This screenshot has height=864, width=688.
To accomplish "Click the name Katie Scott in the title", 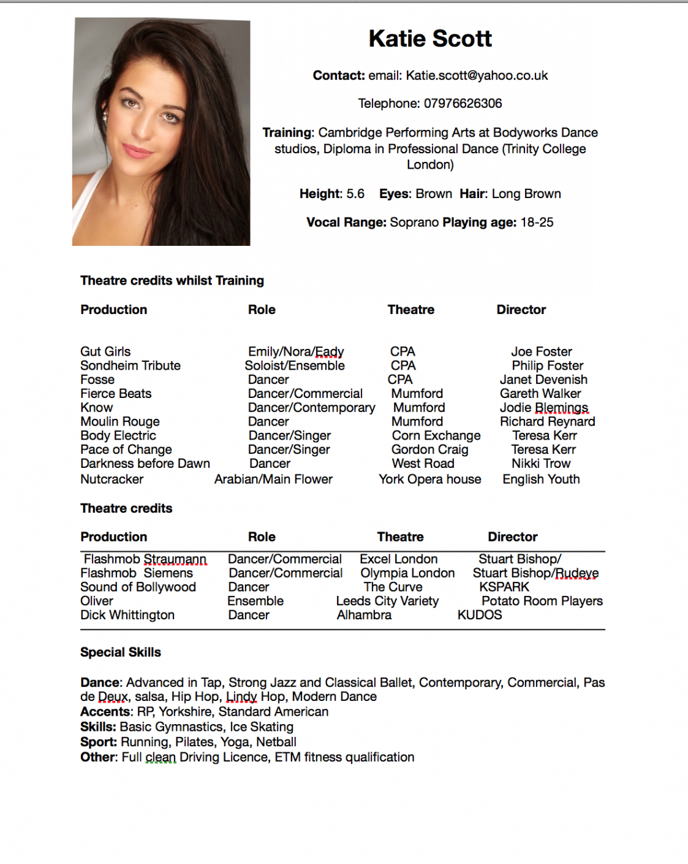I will click(430, 39).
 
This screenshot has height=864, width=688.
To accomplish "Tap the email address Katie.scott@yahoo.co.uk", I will click(477, 75).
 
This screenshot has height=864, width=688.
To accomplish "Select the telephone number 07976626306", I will click(463, 104).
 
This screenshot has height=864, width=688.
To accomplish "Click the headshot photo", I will click(161, 132).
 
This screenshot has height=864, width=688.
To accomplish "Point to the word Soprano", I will click(414, 223).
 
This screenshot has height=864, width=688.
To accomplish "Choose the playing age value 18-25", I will click(537, 223).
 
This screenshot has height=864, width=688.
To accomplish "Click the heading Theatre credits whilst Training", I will click(172, 281).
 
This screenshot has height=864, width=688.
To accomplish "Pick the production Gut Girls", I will click(105, 351).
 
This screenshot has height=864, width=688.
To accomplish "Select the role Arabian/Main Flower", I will click(273, 480).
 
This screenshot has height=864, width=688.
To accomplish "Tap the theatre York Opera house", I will click(429, 480).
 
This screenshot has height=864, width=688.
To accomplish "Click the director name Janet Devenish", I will click(543, 380).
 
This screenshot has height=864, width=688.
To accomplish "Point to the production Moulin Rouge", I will click(120, 422).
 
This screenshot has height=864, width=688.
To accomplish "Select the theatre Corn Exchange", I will click(436, 436).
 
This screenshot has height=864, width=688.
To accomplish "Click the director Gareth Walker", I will click(540, 394).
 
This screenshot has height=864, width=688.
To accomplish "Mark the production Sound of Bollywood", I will click(138, 587).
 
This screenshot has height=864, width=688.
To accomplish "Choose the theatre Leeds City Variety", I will click(387, 601).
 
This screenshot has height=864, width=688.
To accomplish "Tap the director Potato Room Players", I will click(542, 601).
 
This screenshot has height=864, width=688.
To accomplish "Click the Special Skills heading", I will click(121, 652).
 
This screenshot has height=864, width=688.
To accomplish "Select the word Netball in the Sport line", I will click(276, 742).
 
